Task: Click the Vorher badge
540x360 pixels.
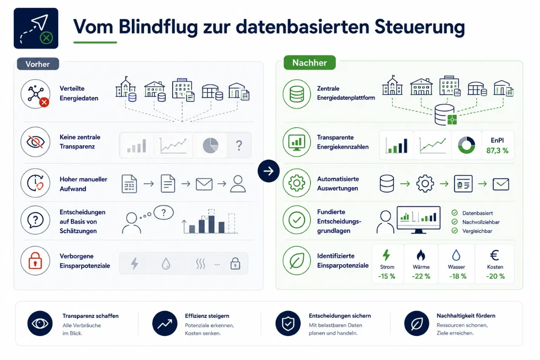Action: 38,64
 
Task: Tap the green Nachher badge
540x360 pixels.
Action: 310,63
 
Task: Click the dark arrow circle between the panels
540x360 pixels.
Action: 269,171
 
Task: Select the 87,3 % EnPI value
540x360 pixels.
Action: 497,151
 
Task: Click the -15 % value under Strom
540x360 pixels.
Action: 387,276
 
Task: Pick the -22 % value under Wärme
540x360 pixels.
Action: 421,276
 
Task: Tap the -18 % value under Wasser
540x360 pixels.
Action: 458,276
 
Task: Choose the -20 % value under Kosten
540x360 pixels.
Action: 495,276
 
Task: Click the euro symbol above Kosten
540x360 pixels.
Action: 495,255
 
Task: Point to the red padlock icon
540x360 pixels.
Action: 35,261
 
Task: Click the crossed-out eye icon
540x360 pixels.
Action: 35,142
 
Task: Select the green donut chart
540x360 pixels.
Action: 466,145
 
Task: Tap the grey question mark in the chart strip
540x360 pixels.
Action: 239,146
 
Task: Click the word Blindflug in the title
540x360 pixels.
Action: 158,27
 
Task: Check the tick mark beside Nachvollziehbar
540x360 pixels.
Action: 455,222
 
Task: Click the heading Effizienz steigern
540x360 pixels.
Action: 207,316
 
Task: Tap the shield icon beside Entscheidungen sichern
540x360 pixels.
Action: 288,323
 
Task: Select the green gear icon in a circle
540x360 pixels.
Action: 297,183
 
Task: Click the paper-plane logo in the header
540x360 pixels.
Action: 36,28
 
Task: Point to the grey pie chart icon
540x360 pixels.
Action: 210,146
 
